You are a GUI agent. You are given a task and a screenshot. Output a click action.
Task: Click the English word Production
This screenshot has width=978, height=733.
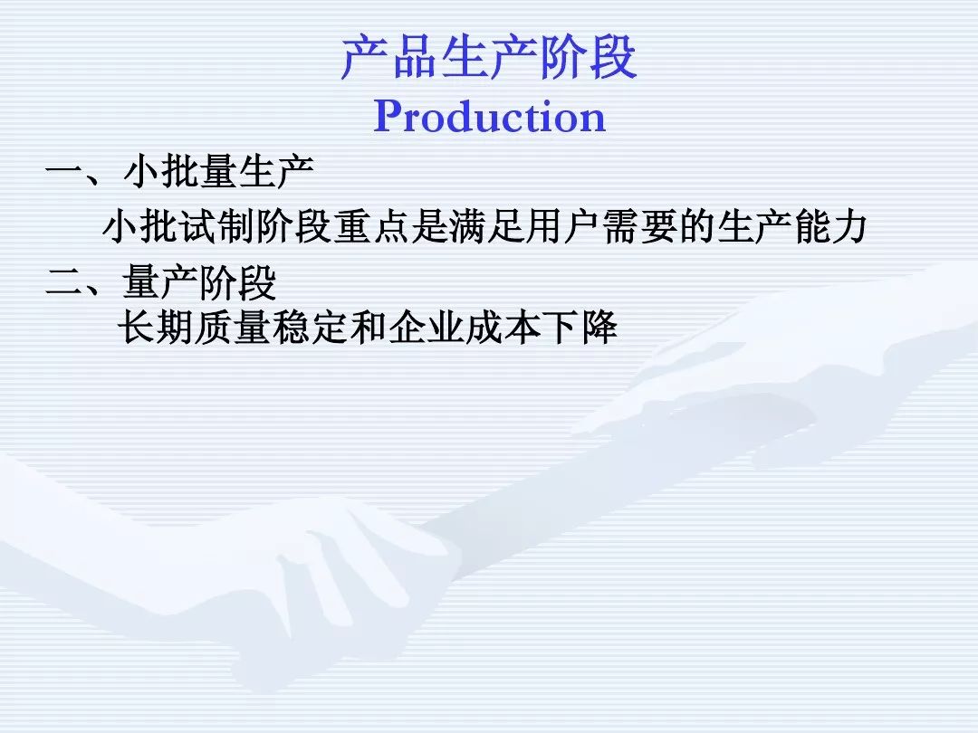(490, 116)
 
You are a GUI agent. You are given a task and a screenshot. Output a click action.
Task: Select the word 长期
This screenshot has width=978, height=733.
(156, 327)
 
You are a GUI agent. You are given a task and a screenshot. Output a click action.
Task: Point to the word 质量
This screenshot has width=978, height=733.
(233, 327)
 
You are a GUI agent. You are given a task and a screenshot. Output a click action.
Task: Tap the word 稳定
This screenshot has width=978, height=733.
(310, 327)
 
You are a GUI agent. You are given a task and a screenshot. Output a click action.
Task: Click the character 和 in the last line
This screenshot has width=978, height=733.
(368, 327)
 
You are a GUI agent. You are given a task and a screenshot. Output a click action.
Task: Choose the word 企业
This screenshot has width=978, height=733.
(426, 327)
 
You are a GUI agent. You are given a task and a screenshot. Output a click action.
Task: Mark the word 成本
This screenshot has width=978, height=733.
(503, 327)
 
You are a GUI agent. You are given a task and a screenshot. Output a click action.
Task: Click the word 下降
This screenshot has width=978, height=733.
(580, 327)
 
